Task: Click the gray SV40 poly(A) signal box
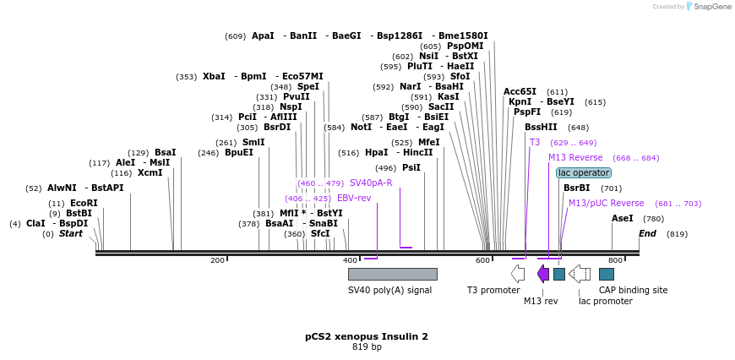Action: (392, 274)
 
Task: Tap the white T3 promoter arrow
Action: (518, 274)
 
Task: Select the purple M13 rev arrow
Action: (543, 274)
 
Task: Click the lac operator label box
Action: (583, 172)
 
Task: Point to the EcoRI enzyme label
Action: (84, 203)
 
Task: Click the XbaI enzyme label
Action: (214, 76)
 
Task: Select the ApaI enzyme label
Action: (263, 35)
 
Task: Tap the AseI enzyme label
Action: (622, 218)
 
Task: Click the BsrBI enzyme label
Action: (576, 188)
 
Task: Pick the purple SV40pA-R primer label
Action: (371, 183)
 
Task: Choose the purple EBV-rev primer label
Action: (354, 198)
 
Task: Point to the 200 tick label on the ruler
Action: (217, 260)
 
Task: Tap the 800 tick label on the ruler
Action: (615, 260)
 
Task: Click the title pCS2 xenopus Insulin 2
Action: (367, 336)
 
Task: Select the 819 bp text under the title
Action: (367, 347)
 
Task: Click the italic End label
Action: (647, 233)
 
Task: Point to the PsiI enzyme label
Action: (411, 167)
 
